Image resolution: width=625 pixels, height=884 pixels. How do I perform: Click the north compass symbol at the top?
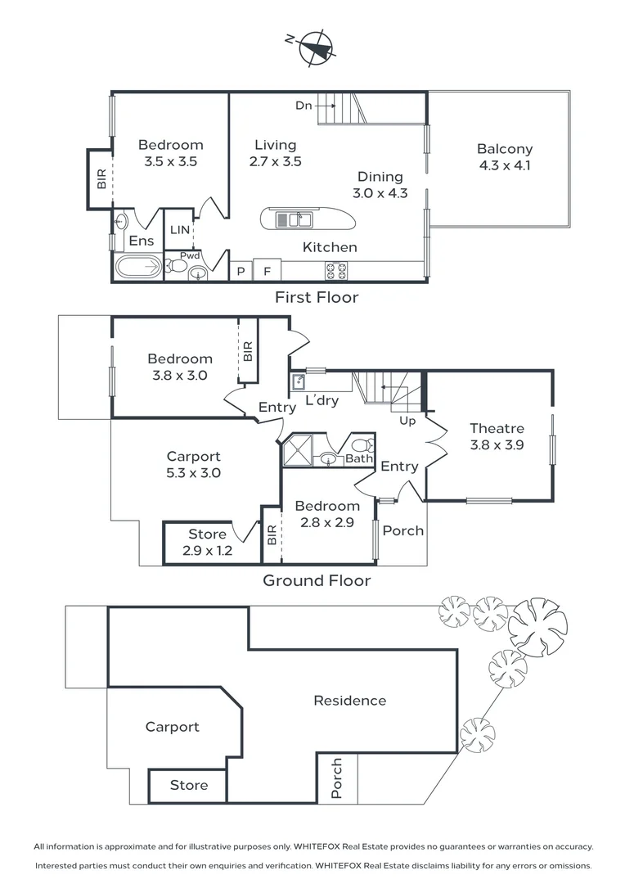(x=316, y=48)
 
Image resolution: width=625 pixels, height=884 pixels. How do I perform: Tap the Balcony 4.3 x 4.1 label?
(x=505, y=157)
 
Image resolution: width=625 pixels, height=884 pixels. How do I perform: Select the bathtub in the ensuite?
(x=138, y=268)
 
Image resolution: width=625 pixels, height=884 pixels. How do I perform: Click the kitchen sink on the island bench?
(x=294, y=219)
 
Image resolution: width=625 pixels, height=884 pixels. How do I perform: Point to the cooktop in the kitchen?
(x=337, y=269)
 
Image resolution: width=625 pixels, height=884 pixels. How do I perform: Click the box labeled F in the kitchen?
(x=267, y=271)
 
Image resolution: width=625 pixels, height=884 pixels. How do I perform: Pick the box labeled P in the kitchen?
(x=241, y=271)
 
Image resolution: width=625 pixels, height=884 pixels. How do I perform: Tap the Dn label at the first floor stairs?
(x=304, y=106)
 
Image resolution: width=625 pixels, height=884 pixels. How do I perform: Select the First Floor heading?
(x=316, y=297)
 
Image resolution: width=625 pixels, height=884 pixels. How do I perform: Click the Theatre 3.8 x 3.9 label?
(x=497, y=436)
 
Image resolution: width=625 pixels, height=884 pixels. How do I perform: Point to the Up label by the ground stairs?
(x=407, y=421)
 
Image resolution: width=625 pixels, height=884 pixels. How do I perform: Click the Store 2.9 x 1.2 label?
(x=208, y=542)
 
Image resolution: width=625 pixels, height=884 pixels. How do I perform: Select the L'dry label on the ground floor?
(x=321, y=400)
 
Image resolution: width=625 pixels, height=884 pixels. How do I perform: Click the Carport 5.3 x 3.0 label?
(x=193, y=464)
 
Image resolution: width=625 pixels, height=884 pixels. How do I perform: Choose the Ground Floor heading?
(x=316, y=581)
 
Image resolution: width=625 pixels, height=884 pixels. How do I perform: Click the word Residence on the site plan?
(x=350, y=701)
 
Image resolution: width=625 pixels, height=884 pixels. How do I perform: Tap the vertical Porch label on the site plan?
(x=336, y=778)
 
